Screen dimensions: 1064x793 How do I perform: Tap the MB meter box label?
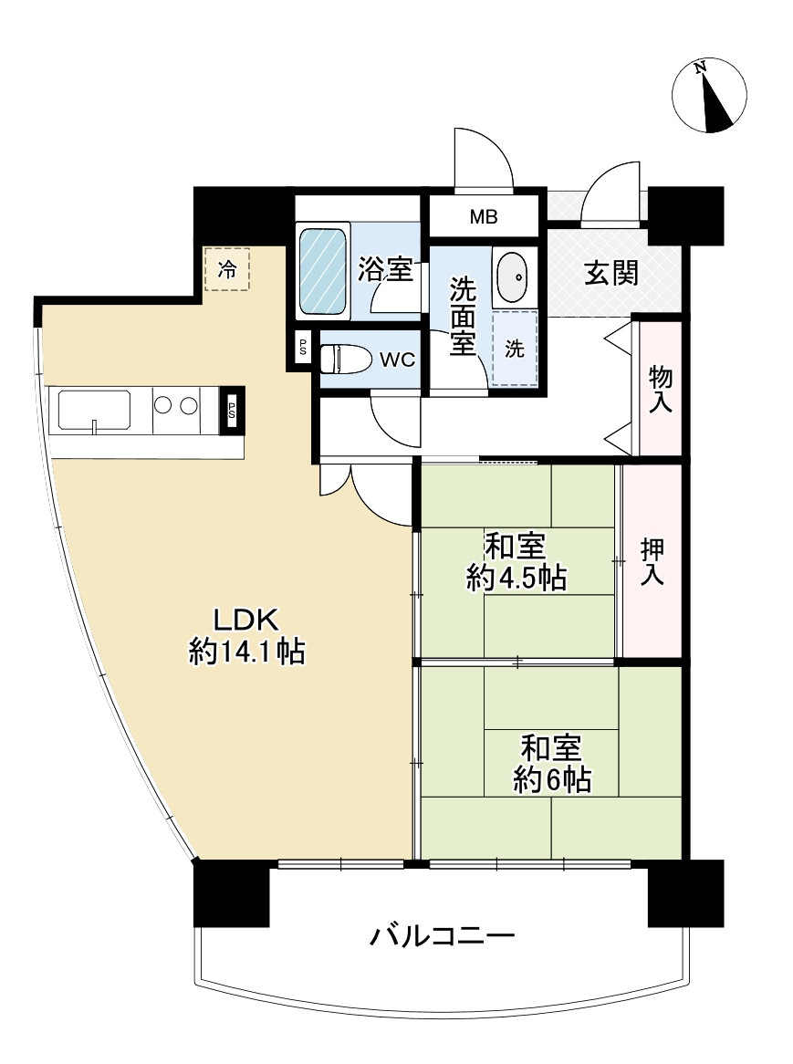tap(484, 217)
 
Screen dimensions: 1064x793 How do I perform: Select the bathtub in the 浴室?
tap(323, 271)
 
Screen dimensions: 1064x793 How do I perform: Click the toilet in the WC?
tap(345, 360)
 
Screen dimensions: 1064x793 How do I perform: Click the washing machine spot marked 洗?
tap(516, 349)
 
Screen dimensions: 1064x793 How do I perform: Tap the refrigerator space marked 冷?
tap(226, 269)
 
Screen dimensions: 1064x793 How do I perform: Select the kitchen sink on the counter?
tap(94, 410)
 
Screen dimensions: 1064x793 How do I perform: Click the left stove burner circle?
tap(163, 403)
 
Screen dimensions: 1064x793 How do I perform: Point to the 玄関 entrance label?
tap(610, 273)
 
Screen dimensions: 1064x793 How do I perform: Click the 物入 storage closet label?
tap(661, 389)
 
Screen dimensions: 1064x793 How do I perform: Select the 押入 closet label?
tap(652, 560)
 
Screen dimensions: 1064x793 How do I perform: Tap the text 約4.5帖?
tap(516, 578)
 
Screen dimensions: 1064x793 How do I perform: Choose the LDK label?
tap(245, 620)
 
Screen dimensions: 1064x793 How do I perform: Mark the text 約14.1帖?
tap(246, 652)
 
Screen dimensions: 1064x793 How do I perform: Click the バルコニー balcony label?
tap(443, 936)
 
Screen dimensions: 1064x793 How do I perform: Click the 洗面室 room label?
tap(462, 315)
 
